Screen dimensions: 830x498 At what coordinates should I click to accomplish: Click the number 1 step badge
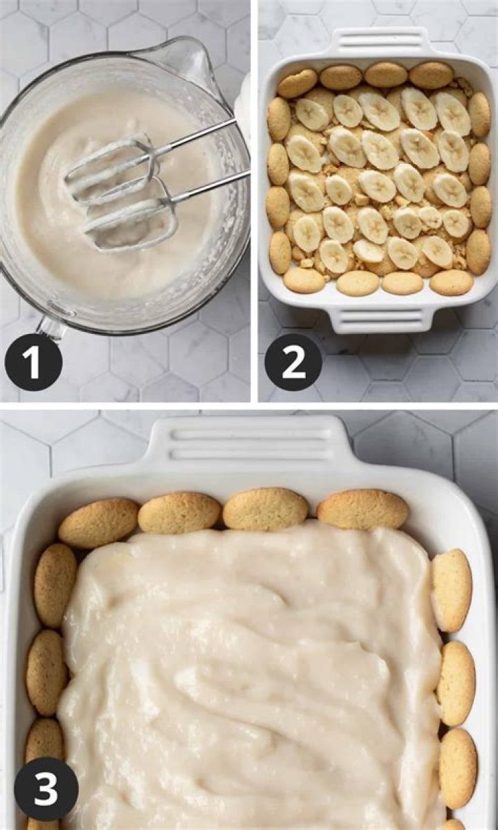click(x=33, y=362)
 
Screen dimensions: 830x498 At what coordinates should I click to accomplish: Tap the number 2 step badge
click(x=293, y=362)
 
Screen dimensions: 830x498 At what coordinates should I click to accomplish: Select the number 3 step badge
click(x=46, y=788)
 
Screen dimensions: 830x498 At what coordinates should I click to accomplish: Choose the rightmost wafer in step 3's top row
click(x=362, y=509)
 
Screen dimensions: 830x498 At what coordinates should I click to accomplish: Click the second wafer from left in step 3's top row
click(x=179, y=513)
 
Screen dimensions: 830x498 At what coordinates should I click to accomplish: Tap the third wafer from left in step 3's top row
click(x=266, y=509)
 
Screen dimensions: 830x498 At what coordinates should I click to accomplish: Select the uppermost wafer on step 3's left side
click(x=55, y=584)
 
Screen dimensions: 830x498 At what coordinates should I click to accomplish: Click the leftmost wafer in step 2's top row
click(x=297, y=83)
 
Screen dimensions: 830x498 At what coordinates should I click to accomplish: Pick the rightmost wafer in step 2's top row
click(x=431, y=75)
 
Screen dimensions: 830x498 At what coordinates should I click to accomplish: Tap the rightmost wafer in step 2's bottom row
click(x=452, y=282)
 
